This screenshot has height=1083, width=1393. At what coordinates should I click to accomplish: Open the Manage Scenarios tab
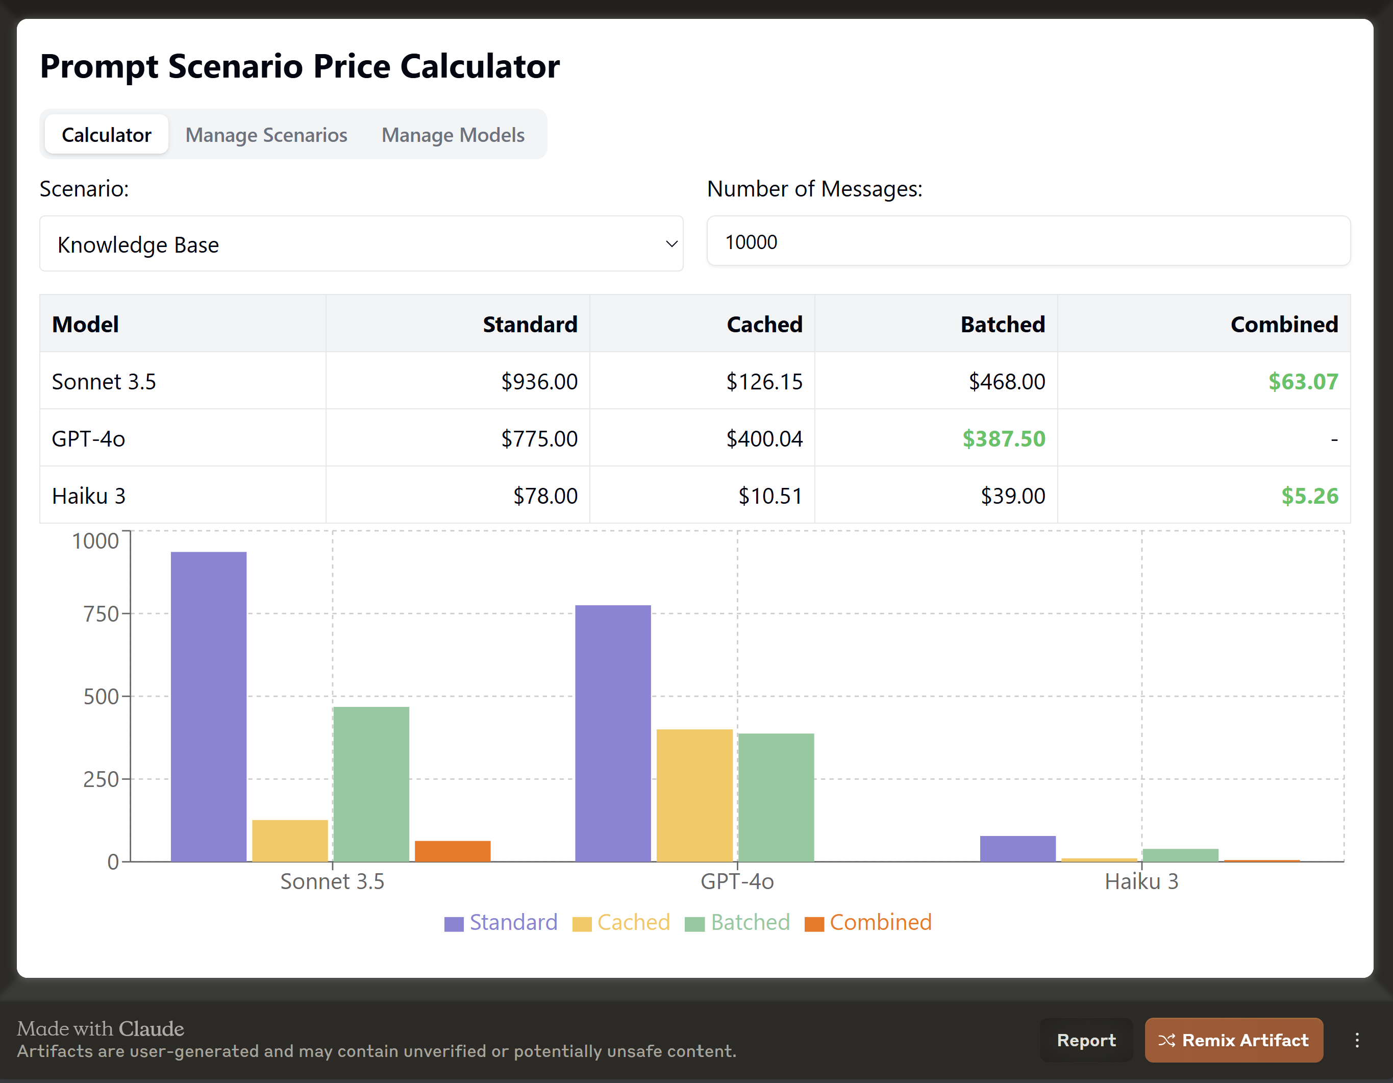[266, 135]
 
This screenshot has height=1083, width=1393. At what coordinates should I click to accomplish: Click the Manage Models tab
[453, 135]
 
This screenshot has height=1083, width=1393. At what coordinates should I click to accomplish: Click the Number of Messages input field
[1028, 242]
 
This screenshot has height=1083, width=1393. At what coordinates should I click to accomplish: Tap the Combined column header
[1283, 324]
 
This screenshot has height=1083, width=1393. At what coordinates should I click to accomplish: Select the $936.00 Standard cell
[539, 381]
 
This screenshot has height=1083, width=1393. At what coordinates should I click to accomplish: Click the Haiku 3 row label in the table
[89, 496]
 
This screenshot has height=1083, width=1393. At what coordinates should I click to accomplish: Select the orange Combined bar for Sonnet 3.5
[452, 851]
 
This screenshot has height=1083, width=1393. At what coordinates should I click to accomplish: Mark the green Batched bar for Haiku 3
[1180, 855]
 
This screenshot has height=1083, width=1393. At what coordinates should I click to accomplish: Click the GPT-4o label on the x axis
[737, 881]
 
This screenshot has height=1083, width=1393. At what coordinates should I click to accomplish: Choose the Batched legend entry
[737, 922]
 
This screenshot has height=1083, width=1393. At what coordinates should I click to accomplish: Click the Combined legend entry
[868, 922]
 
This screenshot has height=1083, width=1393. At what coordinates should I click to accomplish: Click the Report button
[1086, 1040]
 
